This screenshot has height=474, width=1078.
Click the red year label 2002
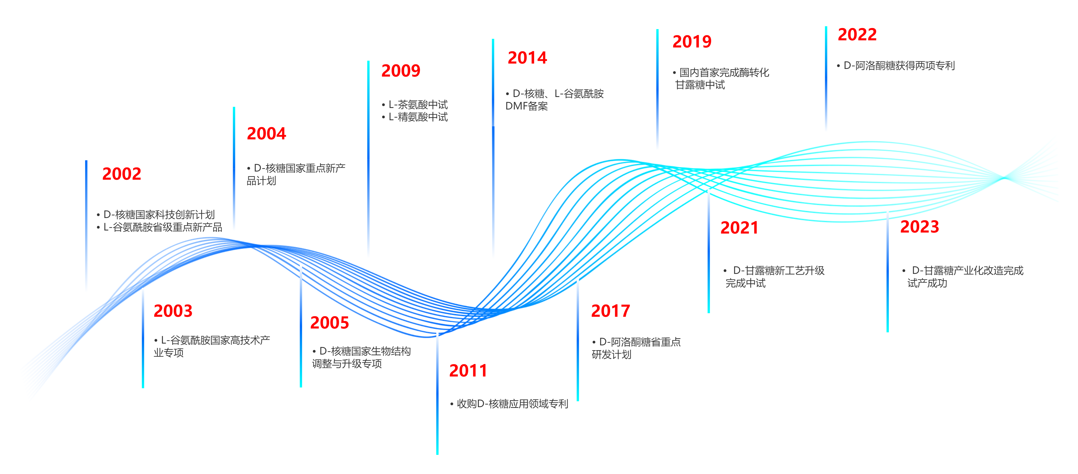[x=122, y=174]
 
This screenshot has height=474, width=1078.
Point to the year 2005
[x=329, y=323]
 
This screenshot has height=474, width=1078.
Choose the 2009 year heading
[x=401, y=71]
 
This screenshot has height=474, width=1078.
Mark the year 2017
[x=611, y=311]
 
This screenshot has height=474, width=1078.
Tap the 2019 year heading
[x=692, y=41]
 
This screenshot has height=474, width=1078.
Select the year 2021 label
[x=739, y=228]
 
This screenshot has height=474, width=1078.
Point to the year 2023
[x=920, y=227]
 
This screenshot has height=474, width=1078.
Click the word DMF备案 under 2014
[x=526, y=106]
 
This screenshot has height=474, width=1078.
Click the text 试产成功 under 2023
[x=927, y=283]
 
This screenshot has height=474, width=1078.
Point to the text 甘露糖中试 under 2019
[x=700, y=85]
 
